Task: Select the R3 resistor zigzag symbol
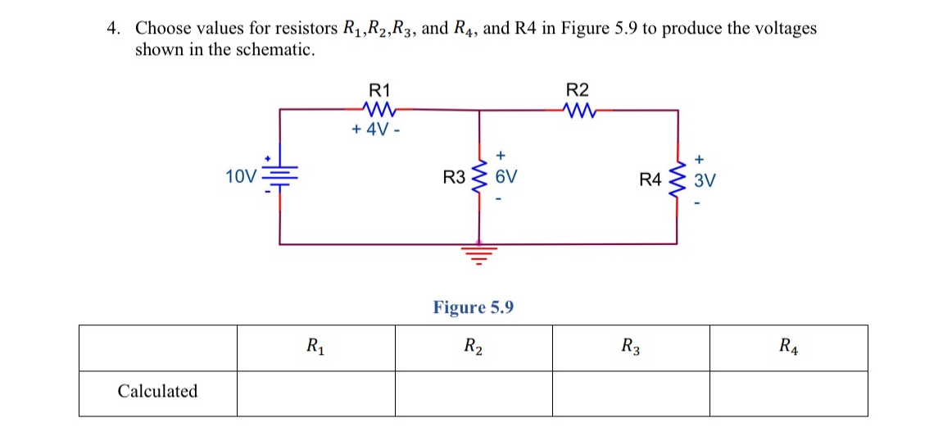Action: [478, 177]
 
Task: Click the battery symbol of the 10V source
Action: [280, 175]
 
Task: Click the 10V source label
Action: [240, 175]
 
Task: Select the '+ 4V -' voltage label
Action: [375, 129]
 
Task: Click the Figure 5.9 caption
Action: [474, 307]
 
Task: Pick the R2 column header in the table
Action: [473, 348]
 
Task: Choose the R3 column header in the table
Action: [630, 348]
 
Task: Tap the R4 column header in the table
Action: [788, 348]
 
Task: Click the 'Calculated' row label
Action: [157, 392]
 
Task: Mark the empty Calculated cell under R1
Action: [315, 393]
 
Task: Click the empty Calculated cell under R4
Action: [788, 393]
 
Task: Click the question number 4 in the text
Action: [113, 29]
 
